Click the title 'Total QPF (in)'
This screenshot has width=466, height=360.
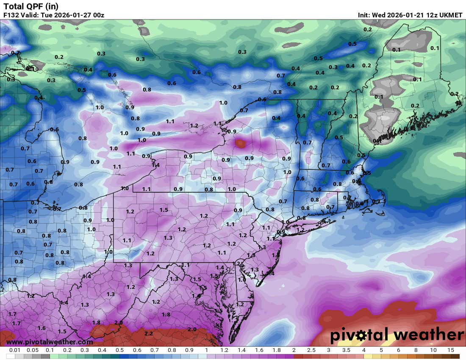pos(31,6)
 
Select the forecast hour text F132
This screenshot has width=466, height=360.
pos(11,15)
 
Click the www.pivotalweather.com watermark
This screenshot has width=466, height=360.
pos(50,342)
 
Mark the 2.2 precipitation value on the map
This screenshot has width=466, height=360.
pos(149,333)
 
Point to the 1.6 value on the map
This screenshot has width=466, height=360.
pos(42,328)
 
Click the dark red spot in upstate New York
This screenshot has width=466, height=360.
pos(241,144)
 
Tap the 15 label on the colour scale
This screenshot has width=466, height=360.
pos(450,350)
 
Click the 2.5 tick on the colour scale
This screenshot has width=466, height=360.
pos(311,350)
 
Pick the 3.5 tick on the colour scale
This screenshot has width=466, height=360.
pos(346,350)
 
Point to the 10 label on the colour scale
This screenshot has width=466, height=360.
pos(433,350)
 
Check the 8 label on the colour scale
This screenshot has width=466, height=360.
pos(416,350)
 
